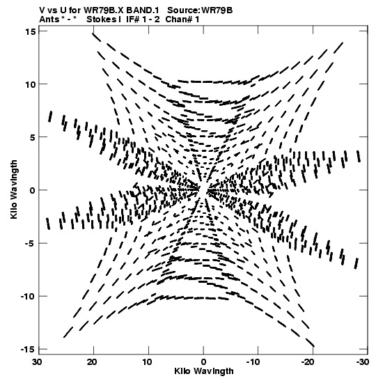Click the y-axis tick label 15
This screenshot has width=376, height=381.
(x=30, y=31)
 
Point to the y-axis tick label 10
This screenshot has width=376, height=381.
(x=30, y=84)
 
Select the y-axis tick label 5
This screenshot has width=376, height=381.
(x=33, y=137)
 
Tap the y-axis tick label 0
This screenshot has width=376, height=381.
(x=33, y=190)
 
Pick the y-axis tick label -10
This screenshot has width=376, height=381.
(x=28, y=297)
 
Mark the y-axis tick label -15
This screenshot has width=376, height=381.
(x=28, y=350)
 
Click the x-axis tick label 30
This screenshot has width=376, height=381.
(x=38, y=362)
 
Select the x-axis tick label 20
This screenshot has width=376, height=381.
(x=93, y=362)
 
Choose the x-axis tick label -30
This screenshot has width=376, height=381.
(x=361, y=362)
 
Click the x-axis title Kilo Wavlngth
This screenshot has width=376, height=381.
(x=204, y=371)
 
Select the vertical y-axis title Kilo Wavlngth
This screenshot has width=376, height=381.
(x=14, y=189)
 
